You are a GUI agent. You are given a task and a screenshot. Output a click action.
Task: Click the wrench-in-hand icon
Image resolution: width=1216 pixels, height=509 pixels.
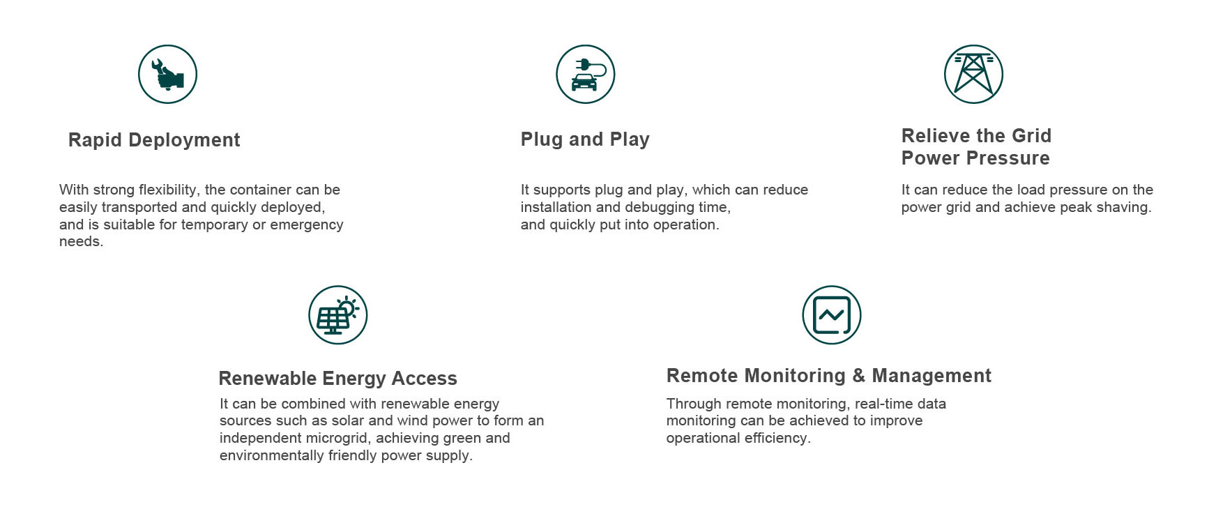tap(167, 75)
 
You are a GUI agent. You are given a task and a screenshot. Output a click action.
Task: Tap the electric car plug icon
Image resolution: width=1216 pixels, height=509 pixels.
tap(586, 75)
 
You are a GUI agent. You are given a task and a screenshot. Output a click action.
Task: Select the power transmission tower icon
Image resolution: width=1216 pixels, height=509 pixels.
tap(973, 75)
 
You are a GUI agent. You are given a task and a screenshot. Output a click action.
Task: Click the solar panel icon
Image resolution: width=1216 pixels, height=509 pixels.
tap(338, 315)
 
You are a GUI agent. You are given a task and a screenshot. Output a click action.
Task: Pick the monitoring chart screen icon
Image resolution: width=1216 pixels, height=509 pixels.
tap(832, 315)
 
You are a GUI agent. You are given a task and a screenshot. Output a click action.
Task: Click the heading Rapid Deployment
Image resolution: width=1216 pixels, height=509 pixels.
tap(154, 140)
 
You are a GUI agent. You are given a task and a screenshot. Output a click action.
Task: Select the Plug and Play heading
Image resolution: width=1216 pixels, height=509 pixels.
tap(585, 139)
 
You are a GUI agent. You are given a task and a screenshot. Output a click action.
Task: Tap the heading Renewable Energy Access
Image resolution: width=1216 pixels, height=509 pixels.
tap(338, 379)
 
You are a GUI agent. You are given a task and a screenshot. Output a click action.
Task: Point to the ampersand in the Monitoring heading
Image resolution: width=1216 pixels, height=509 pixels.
tap(859, 376)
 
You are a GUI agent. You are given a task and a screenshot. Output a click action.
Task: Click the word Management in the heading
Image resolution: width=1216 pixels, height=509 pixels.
tap(932, 377)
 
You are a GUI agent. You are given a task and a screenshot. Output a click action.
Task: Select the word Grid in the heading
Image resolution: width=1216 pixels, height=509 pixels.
tap(1031, 136)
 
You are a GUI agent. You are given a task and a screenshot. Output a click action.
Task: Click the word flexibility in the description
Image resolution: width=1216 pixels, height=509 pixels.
tap(167, 190)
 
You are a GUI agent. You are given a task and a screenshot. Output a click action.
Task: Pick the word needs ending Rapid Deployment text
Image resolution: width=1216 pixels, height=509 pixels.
tap(81, 242)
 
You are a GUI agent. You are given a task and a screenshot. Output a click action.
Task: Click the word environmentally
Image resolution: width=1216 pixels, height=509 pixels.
tap(272, 456)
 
